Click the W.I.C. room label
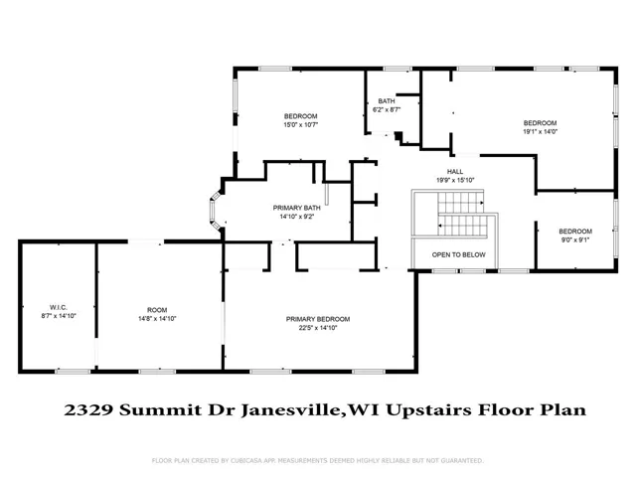click(59, 307)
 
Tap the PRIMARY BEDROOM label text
click(318, 319)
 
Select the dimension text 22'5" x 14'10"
click(318, 328)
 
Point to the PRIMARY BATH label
click(296, 208)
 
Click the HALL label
click(455, 172)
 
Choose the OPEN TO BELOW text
click(459, 254)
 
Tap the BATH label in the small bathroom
click(387, 101)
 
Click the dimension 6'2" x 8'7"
click(387, 109)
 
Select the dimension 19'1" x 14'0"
click(540, 131)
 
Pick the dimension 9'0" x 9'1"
click(575, 239)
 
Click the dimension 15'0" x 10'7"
click(300, 125)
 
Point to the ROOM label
click(157, 310)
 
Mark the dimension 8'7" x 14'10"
click(59, 316)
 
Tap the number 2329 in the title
click(88, 410)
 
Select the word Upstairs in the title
click(428, 410)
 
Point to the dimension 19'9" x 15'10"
click(455, 180)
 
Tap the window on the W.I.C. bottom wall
click(73, 371)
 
